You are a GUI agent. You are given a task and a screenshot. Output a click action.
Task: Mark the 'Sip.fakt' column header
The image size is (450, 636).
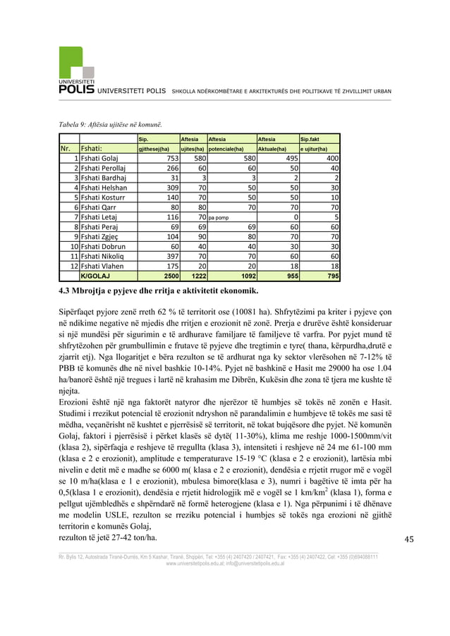click(310, 139)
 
